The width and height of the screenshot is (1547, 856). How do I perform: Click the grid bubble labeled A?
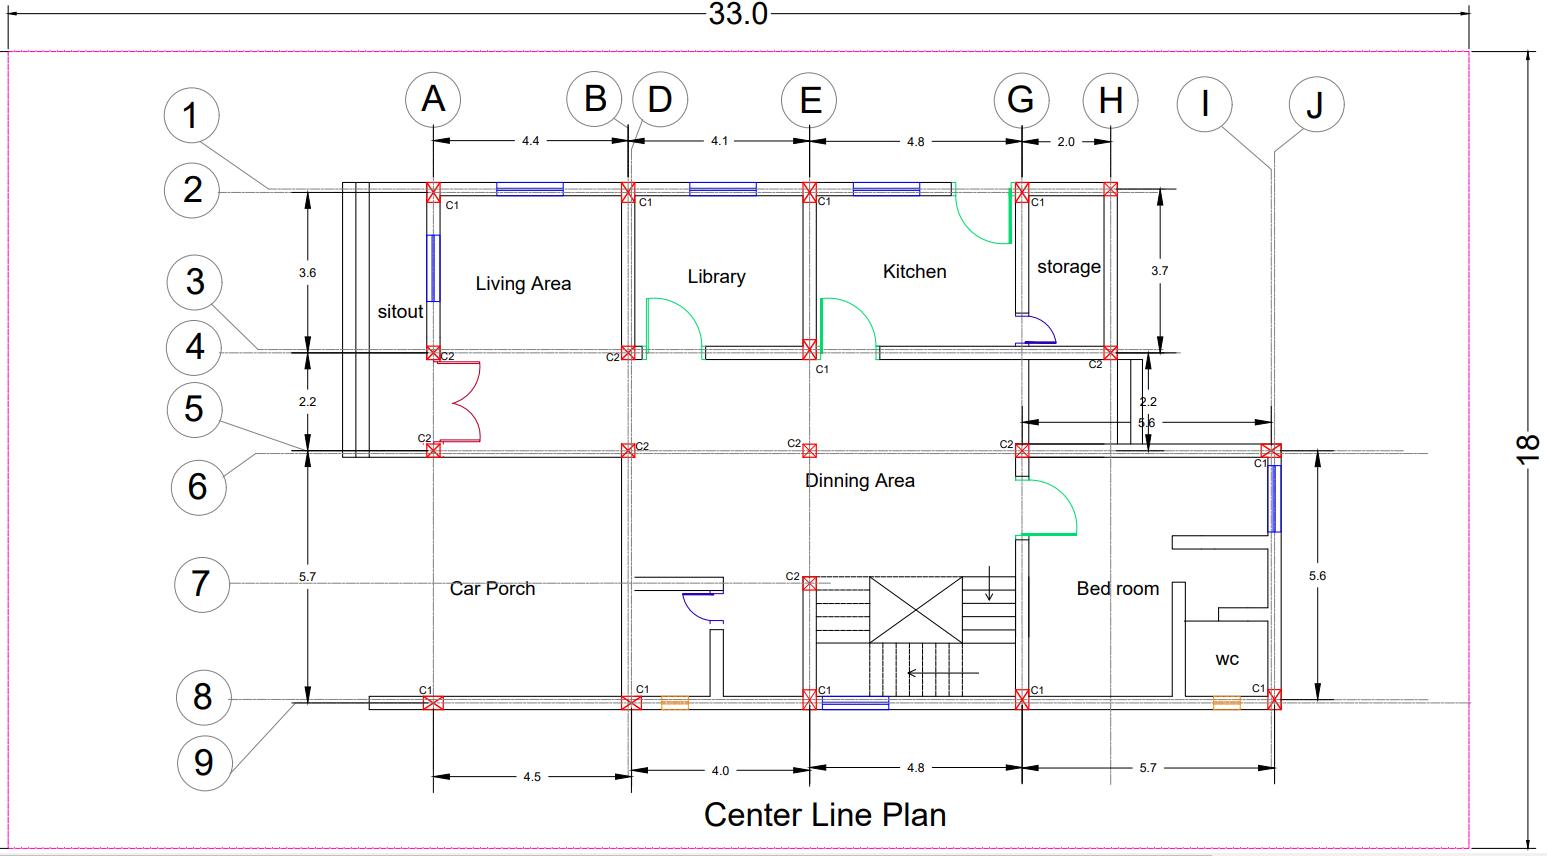tap(433, 100)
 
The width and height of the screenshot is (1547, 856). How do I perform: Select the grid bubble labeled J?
tap(1315, 103)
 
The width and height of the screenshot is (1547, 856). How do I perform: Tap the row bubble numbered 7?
tap(201, 583)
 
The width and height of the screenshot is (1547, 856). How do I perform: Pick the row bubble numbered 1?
tap(191, 115)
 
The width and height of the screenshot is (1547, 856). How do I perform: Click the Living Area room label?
tap(523, 284)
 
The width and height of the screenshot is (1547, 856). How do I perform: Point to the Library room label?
tap(716, 277)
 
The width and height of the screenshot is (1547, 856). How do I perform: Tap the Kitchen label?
tap(914, 272)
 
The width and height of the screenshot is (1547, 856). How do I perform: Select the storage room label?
tap(1068, 267)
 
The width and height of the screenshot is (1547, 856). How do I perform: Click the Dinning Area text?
tap(860, 481)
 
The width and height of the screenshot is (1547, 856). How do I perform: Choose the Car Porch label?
tap(492, 589)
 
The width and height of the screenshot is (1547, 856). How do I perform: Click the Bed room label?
tap(1118, 589)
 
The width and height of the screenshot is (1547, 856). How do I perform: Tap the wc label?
tap(1227, 659)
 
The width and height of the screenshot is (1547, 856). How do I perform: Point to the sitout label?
tap(400, 312)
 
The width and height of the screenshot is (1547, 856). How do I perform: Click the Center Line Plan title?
tap(825, 814)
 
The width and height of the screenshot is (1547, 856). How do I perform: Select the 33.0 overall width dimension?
tap(738, 14)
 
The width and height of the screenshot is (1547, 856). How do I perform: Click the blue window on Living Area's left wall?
tap(433, 268)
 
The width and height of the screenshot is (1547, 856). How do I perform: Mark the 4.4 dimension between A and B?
tap(530, 141)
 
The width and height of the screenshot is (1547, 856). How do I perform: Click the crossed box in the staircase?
tap(916, 609)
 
